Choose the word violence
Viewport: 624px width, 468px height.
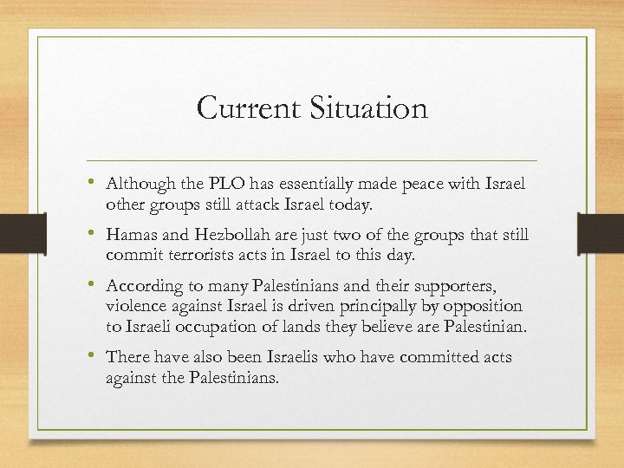(135, 305)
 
